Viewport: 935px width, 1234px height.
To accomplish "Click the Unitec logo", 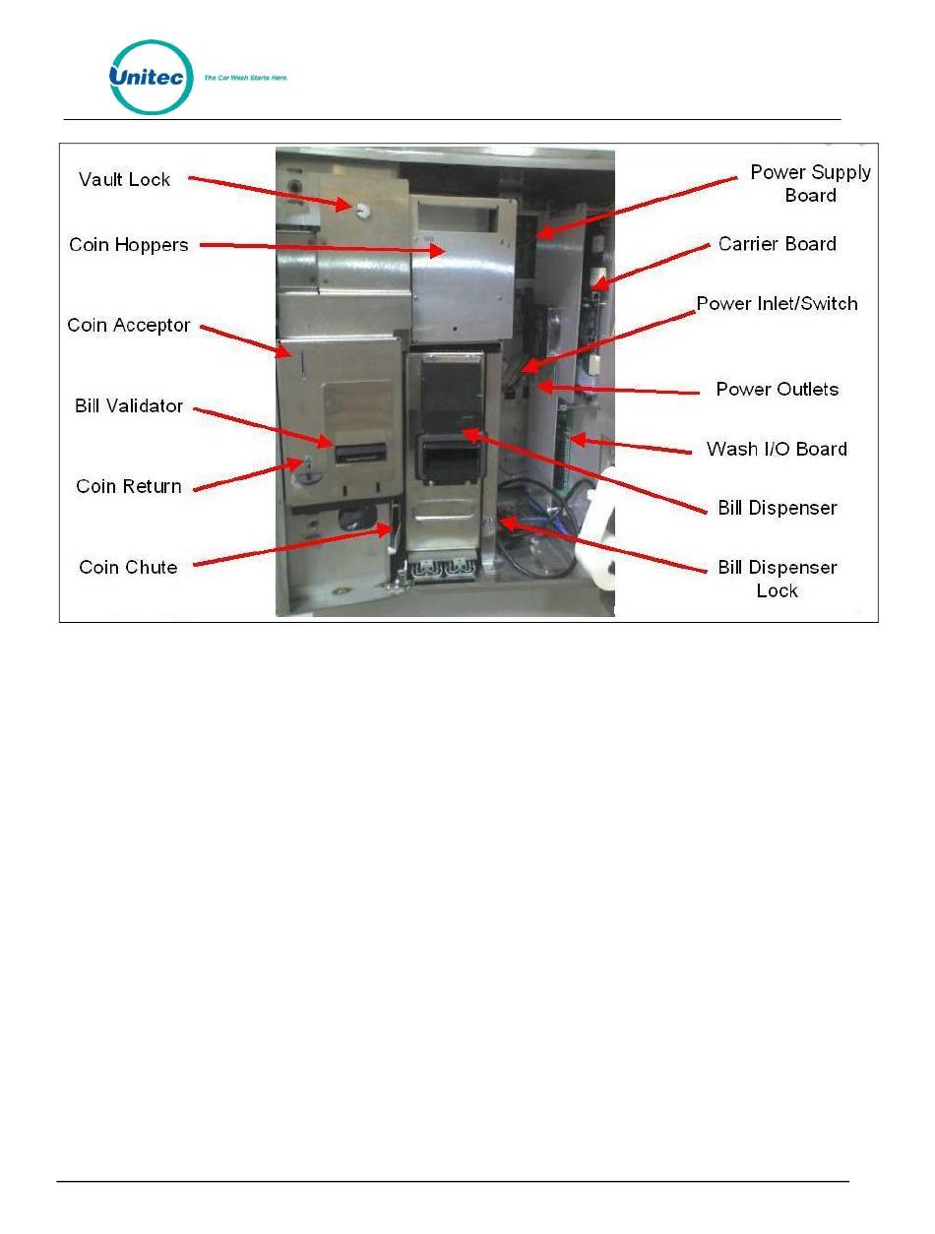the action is pos(151,78).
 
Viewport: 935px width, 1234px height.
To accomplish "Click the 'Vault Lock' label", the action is pos(124,179).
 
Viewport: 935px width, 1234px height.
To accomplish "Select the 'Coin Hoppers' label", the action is pos(128,244).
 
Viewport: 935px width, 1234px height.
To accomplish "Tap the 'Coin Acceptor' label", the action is pos(128,325).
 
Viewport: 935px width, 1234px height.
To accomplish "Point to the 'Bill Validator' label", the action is pos(129,405).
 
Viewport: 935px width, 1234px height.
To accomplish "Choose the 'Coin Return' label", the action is pos(129,486).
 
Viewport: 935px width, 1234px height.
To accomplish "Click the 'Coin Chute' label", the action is pos(128,567).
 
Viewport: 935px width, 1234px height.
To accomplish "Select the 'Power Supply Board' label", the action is pos(810,183).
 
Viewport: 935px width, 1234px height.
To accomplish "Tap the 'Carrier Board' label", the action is pos(777,244).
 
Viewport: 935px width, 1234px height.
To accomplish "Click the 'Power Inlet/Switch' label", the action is pos(777,303).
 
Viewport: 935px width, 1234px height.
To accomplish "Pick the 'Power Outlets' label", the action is pos(777,389).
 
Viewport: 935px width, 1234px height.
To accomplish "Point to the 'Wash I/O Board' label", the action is pos(777,449).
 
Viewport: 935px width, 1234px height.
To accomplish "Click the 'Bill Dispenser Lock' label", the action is pos(777,579).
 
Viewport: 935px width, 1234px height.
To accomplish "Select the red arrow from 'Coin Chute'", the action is pos(295,547).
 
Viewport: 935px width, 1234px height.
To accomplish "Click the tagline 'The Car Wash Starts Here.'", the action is pos(245,77).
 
